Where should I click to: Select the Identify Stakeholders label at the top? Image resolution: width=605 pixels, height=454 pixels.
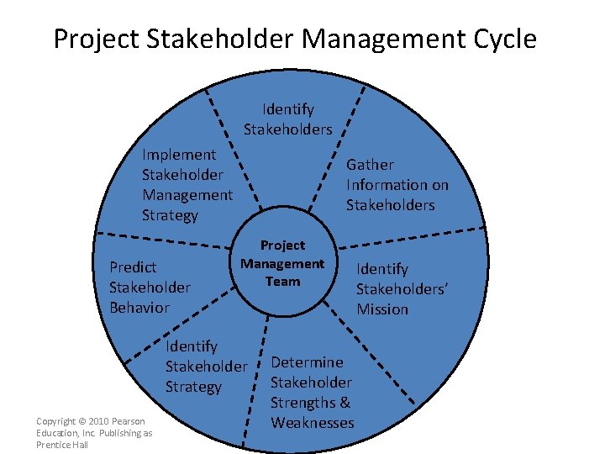tap(288, 119)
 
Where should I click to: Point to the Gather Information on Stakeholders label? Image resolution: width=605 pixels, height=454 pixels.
tap(397, 185)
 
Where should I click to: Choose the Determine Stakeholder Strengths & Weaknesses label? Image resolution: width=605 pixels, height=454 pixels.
tap(312, 393)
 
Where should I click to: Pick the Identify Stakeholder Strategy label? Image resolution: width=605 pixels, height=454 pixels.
tap(207, 367)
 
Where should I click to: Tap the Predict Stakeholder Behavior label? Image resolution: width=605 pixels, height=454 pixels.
tap(150, 288)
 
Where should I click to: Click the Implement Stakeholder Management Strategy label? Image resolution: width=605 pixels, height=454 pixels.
tap(187, 185)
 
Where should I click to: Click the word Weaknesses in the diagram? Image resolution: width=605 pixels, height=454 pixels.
tap(313, 423)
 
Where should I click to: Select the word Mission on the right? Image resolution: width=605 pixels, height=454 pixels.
tap(382, 309)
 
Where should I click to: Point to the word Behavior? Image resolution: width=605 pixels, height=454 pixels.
tap(139, 308)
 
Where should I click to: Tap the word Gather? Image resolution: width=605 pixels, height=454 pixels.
tap(371, 165)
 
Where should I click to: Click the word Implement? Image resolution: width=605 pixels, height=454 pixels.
tap(179, 155)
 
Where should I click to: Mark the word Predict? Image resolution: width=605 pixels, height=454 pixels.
tap(134, 267)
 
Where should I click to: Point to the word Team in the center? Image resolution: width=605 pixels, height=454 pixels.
tap(282, 282)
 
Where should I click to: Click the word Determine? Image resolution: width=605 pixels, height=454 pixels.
tap(307, 362)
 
